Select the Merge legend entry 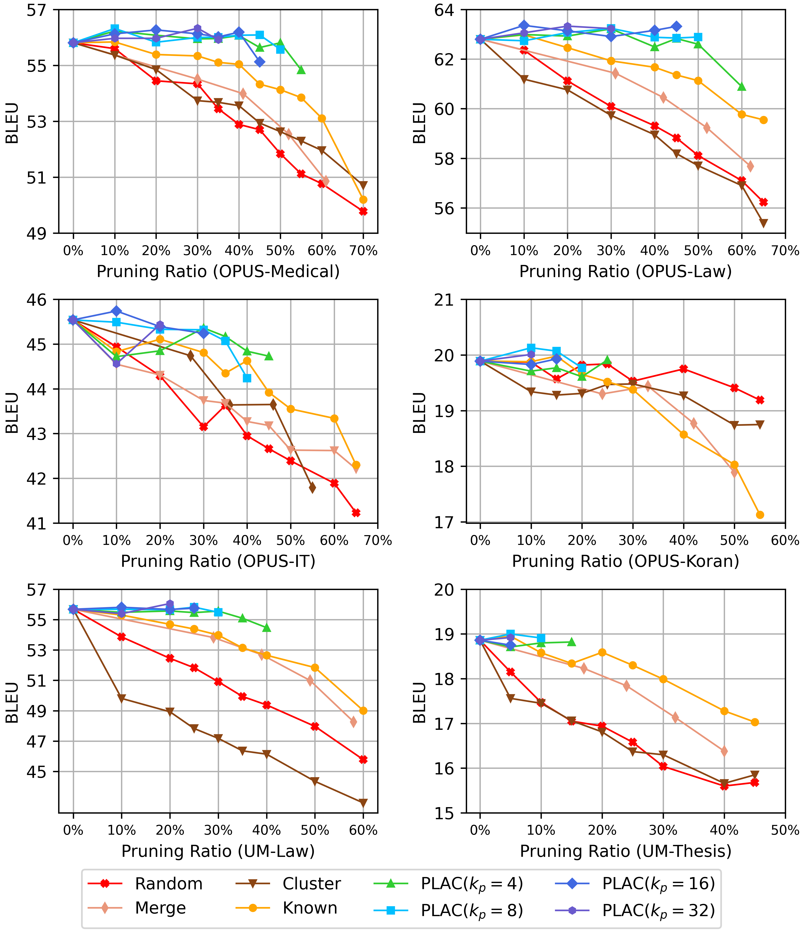point(160,908)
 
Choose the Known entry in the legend point(310,908)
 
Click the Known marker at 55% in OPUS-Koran point(760,515)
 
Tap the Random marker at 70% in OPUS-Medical point(363,211)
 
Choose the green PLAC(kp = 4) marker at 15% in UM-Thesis point(571,642)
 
